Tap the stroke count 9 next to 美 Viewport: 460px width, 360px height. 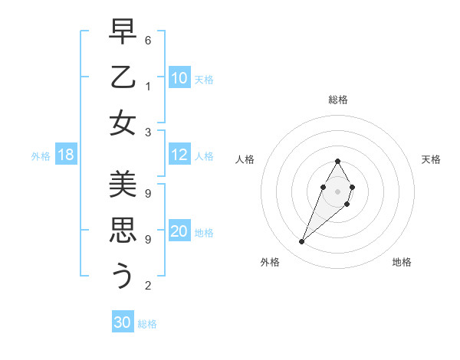click(x=148, y=193)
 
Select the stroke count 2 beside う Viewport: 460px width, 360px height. click(x=148, y=286)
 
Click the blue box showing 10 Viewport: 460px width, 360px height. click(x=179, y=78)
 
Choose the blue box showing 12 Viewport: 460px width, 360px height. click(x=179, y=155)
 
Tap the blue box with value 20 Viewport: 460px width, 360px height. click(x=179, y=232)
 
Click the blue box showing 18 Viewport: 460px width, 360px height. click(x=66, y=155)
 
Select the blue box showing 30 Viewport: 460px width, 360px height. click(x=123, y=322)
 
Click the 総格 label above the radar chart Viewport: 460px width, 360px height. click(x=338, y=100)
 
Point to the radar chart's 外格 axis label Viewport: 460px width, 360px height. click(x=270, y=262)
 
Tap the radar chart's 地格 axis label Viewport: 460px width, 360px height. click(x=402, y=262)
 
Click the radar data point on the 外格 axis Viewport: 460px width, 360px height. click(x=302, y=242)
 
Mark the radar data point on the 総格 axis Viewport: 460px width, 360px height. click(x=338, y=161)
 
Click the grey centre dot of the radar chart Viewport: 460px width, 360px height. click(x=338, y=191)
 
